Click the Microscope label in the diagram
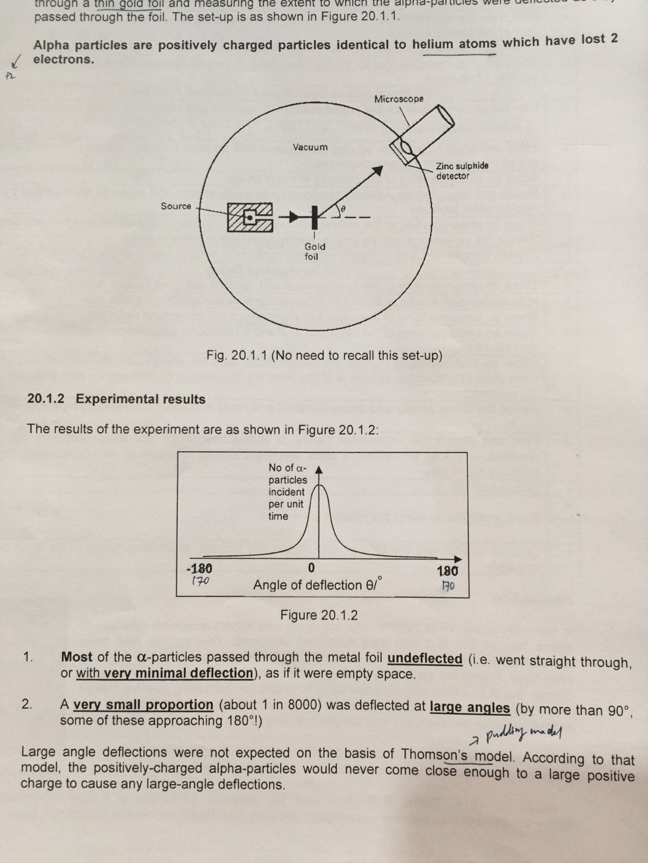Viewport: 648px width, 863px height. click(x=399, y=99)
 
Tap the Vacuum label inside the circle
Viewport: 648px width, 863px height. click(x=310, y=147)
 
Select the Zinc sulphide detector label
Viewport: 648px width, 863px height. click(x=461, y=171)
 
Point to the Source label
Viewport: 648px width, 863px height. click(x=176, y=206)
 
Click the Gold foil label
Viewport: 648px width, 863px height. click(x=314, y=251)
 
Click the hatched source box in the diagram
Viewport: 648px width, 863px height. click(x=249, y=217)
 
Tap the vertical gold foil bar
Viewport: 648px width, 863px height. click(x=314, y=217)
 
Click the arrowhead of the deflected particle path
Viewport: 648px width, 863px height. click(x=377, y=170)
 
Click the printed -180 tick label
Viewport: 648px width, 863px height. click(x=199, y=569)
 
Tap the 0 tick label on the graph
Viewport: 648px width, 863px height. click(x=312, y=568)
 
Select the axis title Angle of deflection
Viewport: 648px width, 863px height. click(x=317, y=585)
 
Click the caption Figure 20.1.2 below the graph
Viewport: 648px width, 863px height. click(x=319, y=615)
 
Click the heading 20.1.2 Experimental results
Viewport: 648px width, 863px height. click(x=116, y=399)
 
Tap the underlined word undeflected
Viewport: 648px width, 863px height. click(x=425, y=658)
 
